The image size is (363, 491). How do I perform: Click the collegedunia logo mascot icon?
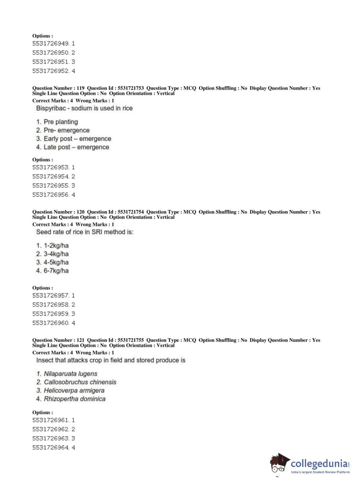coord(279,464)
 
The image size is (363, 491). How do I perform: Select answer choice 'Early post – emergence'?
coord(77,139)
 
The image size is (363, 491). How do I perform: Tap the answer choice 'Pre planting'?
coord(61,122)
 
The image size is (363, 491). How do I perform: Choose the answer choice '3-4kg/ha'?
coord(56,254)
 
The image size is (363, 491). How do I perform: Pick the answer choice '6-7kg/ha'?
coord(56,270)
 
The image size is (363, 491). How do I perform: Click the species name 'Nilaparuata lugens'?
coord(70,374)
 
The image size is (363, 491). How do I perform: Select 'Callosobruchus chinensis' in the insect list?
coord(80,382)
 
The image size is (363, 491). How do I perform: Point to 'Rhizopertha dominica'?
coord(74,399)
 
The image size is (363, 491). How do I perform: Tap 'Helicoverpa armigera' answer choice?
coord(74,390)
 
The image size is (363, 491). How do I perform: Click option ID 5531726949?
coord(50,43)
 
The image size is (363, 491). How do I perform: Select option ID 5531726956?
coord(50,195)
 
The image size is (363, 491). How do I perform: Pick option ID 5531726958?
coord(50,305)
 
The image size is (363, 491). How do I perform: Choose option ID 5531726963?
coord(50,438)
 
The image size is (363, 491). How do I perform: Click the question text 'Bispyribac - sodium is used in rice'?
coord(84,108)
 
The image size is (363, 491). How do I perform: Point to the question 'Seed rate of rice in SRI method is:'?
coord(84,232)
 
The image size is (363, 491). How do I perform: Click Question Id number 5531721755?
coord(131,340)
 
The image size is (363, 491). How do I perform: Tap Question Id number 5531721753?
coord(131,88)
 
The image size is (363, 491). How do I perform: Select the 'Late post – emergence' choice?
coord(76,147)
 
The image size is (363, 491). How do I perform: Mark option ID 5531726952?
coord(50,71)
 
